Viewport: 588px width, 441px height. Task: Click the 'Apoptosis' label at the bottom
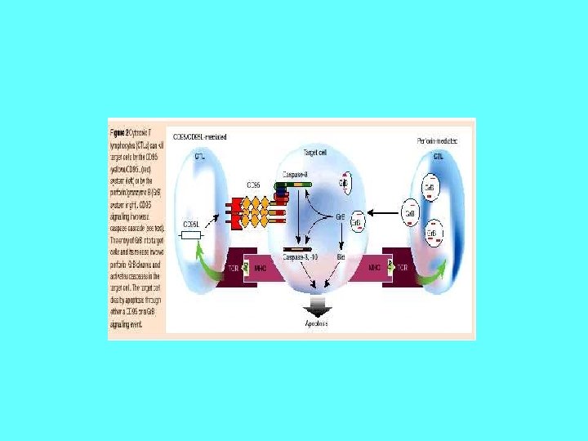point(317,323)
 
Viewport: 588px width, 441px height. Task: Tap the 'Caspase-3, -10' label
point(301,256)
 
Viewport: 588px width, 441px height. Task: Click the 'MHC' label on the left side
point(260,268)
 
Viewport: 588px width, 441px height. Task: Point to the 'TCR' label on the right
point(401,268)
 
